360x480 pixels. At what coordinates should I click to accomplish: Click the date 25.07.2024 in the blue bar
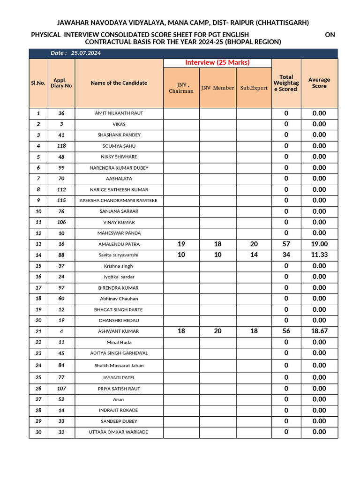tap(86, 53)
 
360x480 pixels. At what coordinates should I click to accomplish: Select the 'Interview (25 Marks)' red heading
tap(217, 62)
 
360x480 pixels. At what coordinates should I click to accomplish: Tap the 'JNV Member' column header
tap(217, 88)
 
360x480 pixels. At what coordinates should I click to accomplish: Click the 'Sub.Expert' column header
tap(254, 88)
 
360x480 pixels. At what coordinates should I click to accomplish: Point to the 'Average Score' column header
tap(319, 83)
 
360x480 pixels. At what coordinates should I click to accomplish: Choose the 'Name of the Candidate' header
tap(119, 83)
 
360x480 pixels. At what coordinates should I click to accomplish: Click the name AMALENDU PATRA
tap(119, 244)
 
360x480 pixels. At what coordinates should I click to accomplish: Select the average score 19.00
tap(319, 244)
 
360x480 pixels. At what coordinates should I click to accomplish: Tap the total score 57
tap(286, 244)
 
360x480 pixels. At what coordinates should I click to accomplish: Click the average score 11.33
tap(319, 255)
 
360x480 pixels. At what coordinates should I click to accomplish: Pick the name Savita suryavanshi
tap(119, 255)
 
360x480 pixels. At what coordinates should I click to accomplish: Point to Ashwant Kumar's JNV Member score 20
tap(217, 331)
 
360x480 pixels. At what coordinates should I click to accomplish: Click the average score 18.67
tap(319, 331)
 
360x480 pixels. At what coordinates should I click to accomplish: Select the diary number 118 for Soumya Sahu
tap(61, 146)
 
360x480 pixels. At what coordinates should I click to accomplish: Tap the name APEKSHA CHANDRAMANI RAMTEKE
tap(119, 201)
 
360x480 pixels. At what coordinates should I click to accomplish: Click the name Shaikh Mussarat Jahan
tap(119, 366)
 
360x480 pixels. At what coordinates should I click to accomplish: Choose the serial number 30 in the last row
tap(38, 432)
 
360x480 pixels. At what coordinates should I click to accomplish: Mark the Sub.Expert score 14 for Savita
tap(254, 255)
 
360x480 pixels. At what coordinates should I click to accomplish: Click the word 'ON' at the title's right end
tap(330, 35)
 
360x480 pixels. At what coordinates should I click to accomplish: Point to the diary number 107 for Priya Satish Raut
tap(61, 389)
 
